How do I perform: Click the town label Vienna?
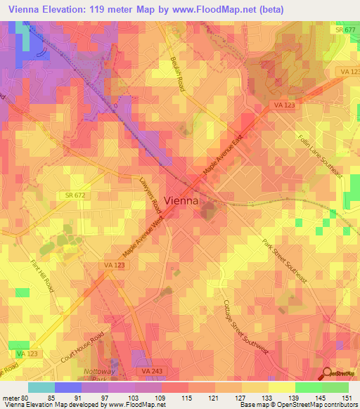point(181,200)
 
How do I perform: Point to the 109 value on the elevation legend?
point(161,396)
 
